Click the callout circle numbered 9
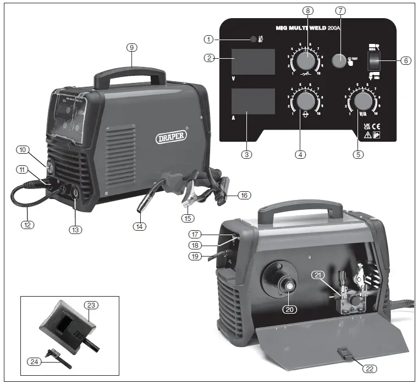[x=131, y=48]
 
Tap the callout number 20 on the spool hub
[x=290, y=309]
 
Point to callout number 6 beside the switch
[x=405, y=60]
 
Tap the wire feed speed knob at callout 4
[x=301, y=102]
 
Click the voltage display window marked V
[x=252, y=61]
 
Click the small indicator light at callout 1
[x=253, y=40]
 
